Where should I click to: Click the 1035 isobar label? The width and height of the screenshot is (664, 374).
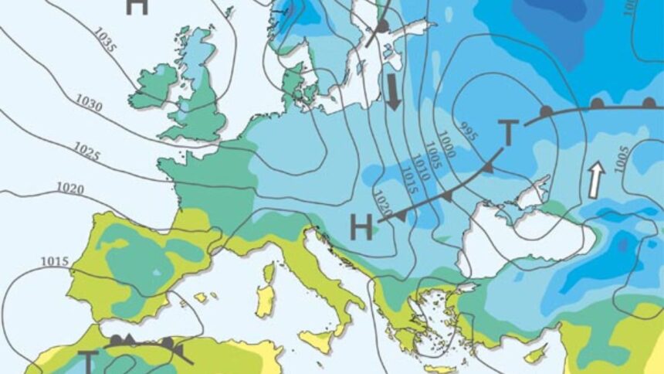coord(106,41)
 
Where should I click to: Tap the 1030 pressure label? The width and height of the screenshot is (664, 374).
coord(89,101)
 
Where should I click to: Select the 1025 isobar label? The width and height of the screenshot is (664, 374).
coord(87,152)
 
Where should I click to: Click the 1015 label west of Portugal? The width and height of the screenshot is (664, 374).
coord(55,261)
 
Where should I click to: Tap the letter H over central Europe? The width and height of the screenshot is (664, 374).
coord(361,227)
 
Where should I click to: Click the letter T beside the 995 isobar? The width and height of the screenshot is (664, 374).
coord(506,133)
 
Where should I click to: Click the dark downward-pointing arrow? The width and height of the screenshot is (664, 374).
coord(393,92)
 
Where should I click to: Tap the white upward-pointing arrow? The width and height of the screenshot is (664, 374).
coord(595,180)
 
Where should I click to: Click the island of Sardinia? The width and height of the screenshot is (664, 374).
coord(265,301)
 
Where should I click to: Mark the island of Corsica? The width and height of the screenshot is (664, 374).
coord(268,272)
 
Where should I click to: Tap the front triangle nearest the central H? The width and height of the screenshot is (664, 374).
coord(400,216)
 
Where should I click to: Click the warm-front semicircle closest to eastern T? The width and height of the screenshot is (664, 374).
coord(546,112)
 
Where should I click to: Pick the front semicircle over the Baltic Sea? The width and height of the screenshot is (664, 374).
coord(381,27)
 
